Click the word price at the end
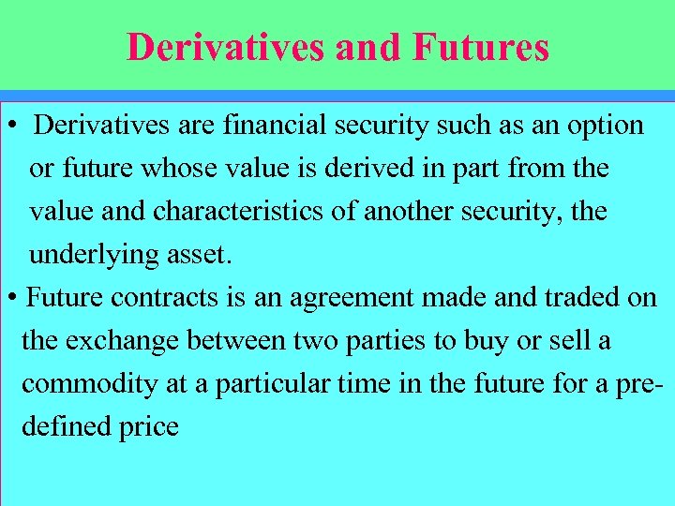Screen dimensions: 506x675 [148, 427]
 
